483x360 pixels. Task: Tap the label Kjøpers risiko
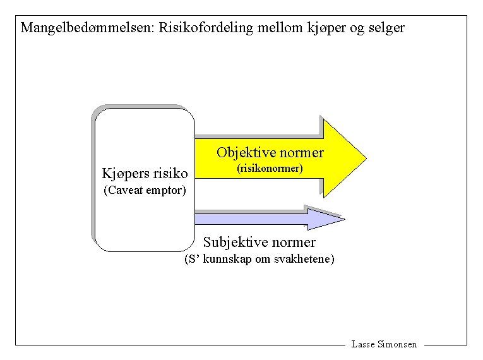pyautogui.click(x=145, y=173)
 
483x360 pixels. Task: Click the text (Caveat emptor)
pyautogui.click(x=145, y=190)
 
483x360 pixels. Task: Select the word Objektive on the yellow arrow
pyautogui.click(x=244, y=153)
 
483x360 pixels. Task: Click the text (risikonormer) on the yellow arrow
pyautogui.click(x=270, y=169)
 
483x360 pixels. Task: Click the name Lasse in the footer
pyautogui.click(x=362, y=345)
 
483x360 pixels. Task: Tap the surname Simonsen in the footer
pyautogui.click(x=397, y=345)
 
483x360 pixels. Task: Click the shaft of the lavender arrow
pyautogui.click(x=253, y=219)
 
